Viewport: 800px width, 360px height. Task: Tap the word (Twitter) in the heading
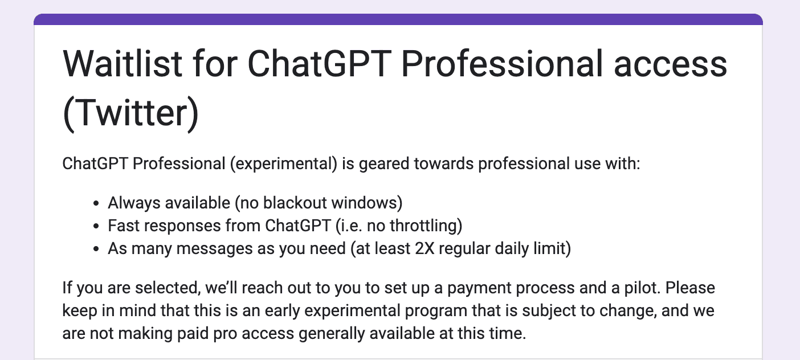[x=131, y=113]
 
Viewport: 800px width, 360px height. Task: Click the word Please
[x=690, y=288]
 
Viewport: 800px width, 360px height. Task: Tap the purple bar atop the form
[x=398, y=20]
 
